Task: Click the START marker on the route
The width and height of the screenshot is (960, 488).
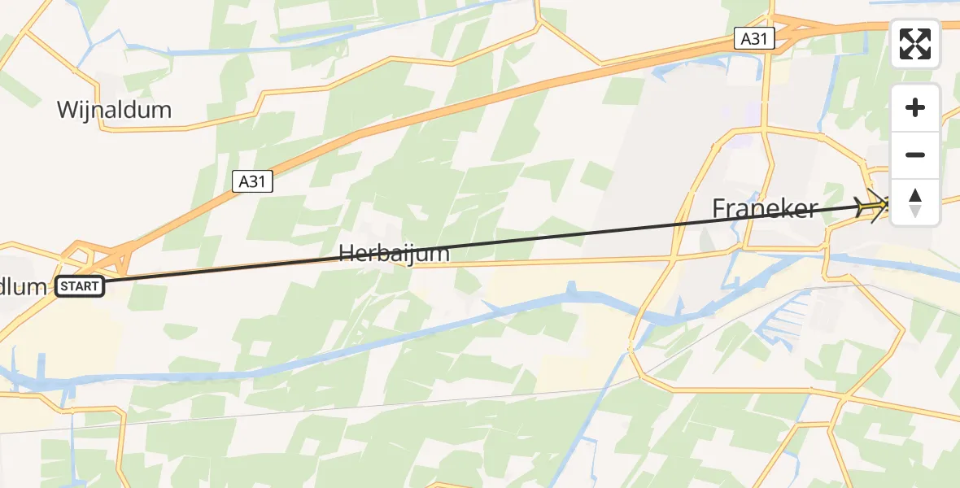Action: pyautogui.click(x=81, y=286)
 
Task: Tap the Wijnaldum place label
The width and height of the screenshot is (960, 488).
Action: pyautogui.click(x=114, y=110)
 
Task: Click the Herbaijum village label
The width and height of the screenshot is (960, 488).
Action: pyautogui.click(x=394, y=254)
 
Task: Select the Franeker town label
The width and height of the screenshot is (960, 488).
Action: pyautogui.click(x=765, y=209)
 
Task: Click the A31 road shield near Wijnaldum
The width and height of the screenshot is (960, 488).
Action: pyautogui.click(x=252, y=181)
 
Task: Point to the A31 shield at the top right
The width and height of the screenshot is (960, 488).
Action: pyautogui.click(x=753, y=37)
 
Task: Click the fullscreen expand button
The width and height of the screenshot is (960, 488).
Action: pyautogui.click(x=915, y=44)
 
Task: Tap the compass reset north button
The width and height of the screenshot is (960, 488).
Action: pyautogui.click(x=915, y=203)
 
